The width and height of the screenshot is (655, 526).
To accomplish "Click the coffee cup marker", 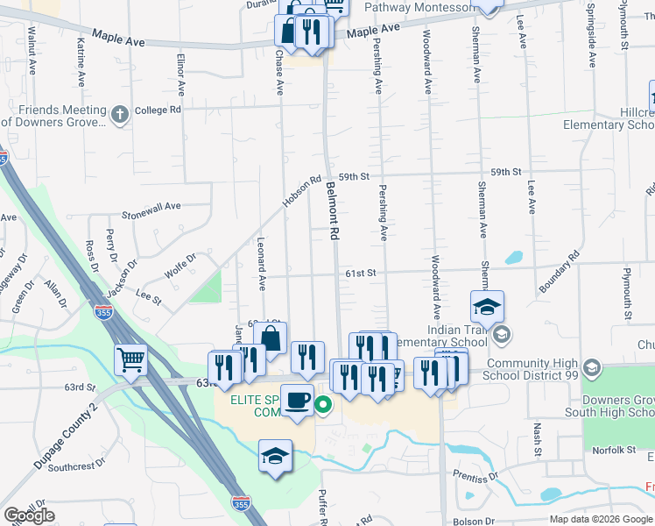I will [x=297, y=399].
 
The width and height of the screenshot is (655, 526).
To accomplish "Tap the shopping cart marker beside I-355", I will [x=130, y=359].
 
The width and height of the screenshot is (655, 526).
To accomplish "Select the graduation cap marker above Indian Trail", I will [x=487, y=307].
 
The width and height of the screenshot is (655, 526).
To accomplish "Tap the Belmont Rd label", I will [x=333, y=211].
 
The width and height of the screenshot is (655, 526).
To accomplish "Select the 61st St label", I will [x=359, y=274].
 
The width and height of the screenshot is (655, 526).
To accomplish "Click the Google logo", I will [x=30, y=515].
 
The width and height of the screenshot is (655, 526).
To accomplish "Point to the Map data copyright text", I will [x=600, y=519].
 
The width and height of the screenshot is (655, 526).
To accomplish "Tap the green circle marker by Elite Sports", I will [x=323, y=404].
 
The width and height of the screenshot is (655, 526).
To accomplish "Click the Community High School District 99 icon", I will [x=591, y=366].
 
